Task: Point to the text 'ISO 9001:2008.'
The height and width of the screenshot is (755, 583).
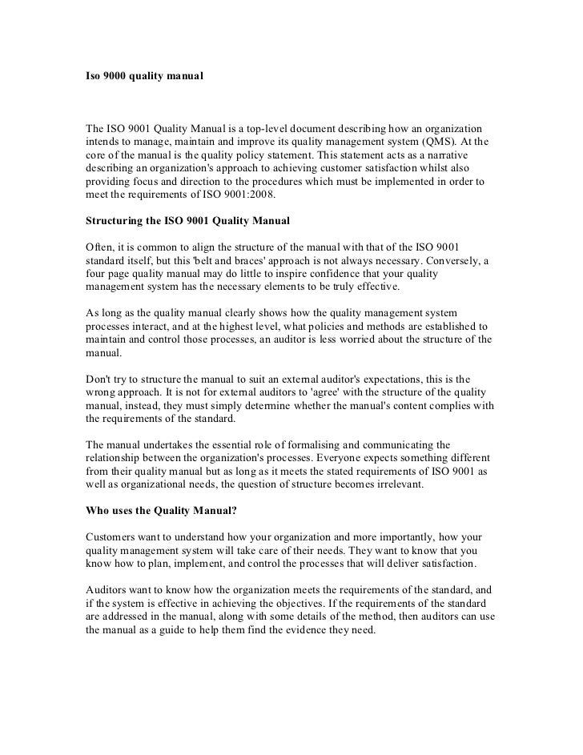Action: tap(231, 193)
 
